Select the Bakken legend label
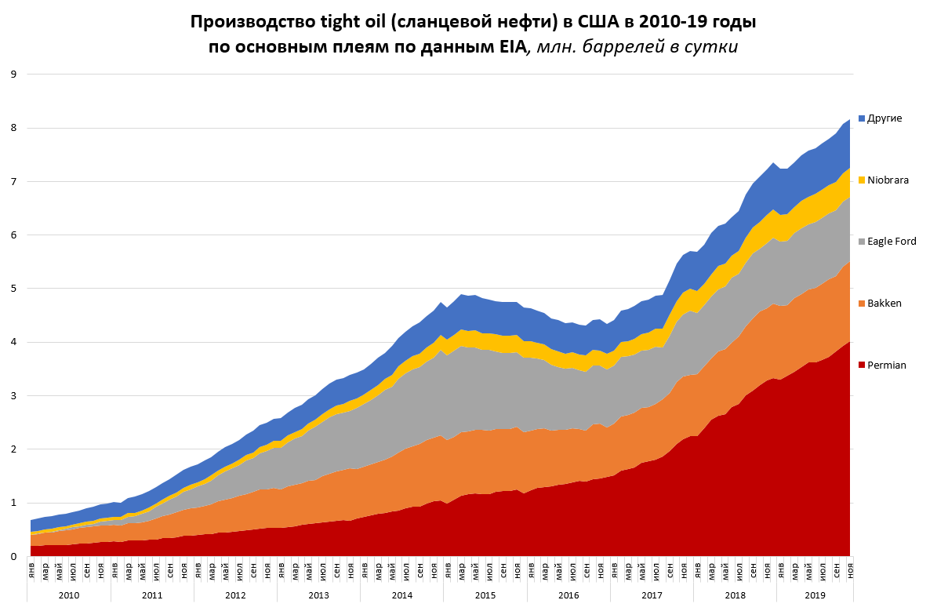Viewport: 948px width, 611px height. (884, 303)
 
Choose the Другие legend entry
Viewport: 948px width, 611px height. (884, 118)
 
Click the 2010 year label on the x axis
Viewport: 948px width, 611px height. (69, 595)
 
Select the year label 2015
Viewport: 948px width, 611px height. (485, 595)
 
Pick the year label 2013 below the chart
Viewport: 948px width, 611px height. (319, 595)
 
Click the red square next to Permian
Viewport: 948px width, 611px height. (862, 365)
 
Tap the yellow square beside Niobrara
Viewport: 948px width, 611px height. (862, 180)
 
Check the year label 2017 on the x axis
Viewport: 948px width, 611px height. (652, 595)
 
